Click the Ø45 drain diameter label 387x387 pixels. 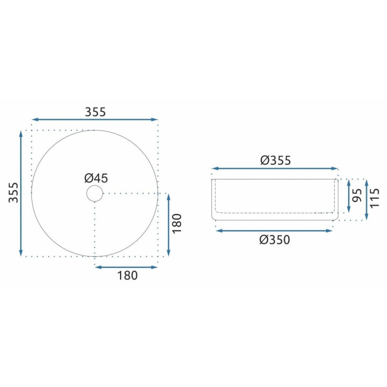point(96,178)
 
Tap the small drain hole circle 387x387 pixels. point(94,193)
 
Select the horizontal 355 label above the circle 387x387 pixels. point(95,112)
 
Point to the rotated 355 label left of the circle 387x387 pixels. point(14,193)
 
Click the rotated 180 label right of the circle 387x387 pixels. point(177,223)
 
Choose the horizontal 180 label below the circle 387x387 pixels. point(127,275)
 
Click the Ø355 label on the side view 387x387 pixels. point(275,161)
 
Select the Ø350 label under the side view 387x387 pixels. point(275,239)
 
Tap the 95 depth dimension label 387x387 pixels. point(357,195)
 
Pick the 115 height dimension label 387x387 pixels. point(374,198)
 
